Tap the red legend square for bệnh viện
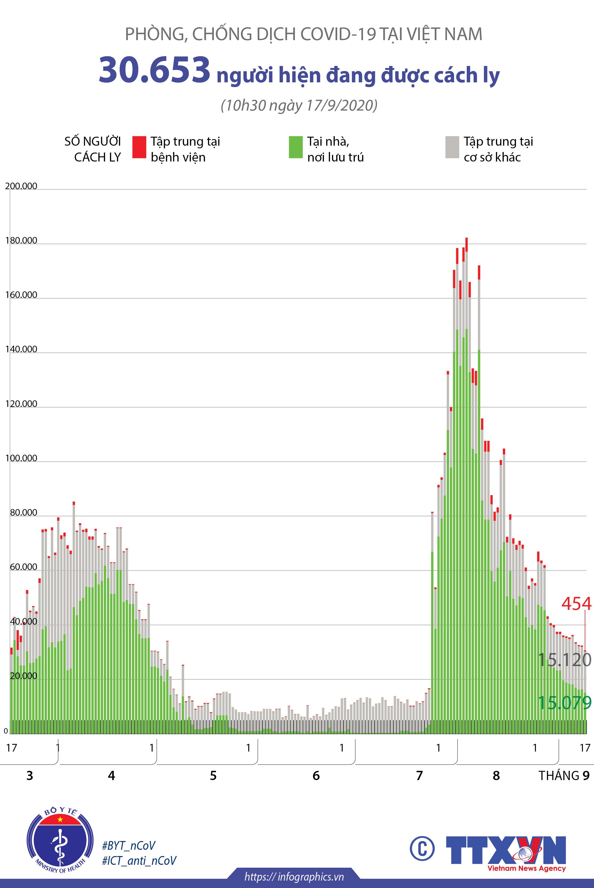tap(139, 147)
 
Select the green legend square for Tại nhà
tap(295, 147)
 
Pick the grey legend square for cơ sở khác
tap(452, 147)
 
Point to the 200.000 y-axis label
tap(21, 186)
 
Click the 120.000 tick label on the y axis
tap(21, 404)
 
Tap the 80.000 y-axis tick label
tap(23, 512)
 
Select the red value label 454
tap(576, 604)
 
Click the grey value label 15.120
tap(564, 660)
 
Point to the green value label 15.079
tap(564, 703)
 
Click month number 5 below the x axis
tap(213, 776)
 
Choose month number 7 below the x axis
tap(419, 776)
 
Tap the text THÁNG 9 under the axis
tap(564, 776)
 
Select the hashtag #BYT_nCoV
tap(129, 845)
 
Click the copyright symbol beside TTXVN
tap(422, 849)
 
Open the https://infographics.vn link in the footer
tap(294, 877)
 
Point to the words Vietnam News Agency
tap(527, 868)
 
